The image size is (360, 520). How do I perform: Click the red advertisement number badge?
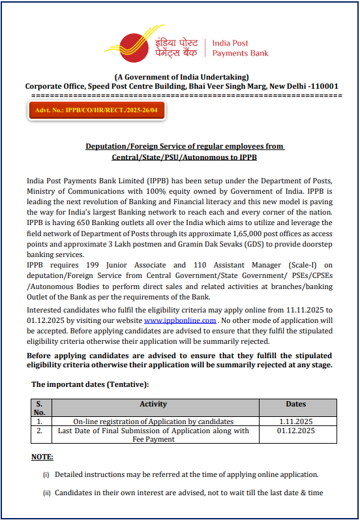point(97,111)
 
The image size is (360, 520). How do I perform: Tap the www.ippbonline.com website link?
point(180,320)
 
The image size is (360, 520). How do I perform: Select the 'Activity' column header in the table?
point(153,405)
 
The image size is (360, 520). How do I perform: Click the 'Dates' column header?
point(295,405)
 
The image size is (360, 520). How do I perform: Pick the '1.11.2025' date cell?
point(295,421)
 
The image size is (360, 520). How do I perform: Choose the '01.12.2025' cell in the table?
point(295,431)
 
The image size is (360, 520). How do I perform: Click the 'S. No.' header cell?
point(40,408)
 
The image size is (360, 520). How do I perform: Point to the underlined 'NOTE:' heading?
point(42,457)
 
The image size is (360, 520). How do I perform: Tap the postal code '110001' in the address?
point(325,86)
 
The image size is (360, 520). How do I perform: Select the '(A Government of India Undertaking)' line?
point(181,77)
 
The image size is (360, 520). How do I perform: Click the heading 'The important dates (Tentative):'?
point(90,384)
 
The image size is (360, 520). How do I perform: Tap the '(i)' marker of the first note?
point(46,474)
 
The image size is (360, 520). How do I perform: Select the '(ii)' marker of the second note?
point(47,493)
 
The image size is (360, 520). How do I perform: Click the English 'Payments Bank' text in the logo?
point(240,53)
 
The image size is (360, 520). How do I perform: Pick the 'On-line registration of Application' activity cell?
point(153,421)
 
